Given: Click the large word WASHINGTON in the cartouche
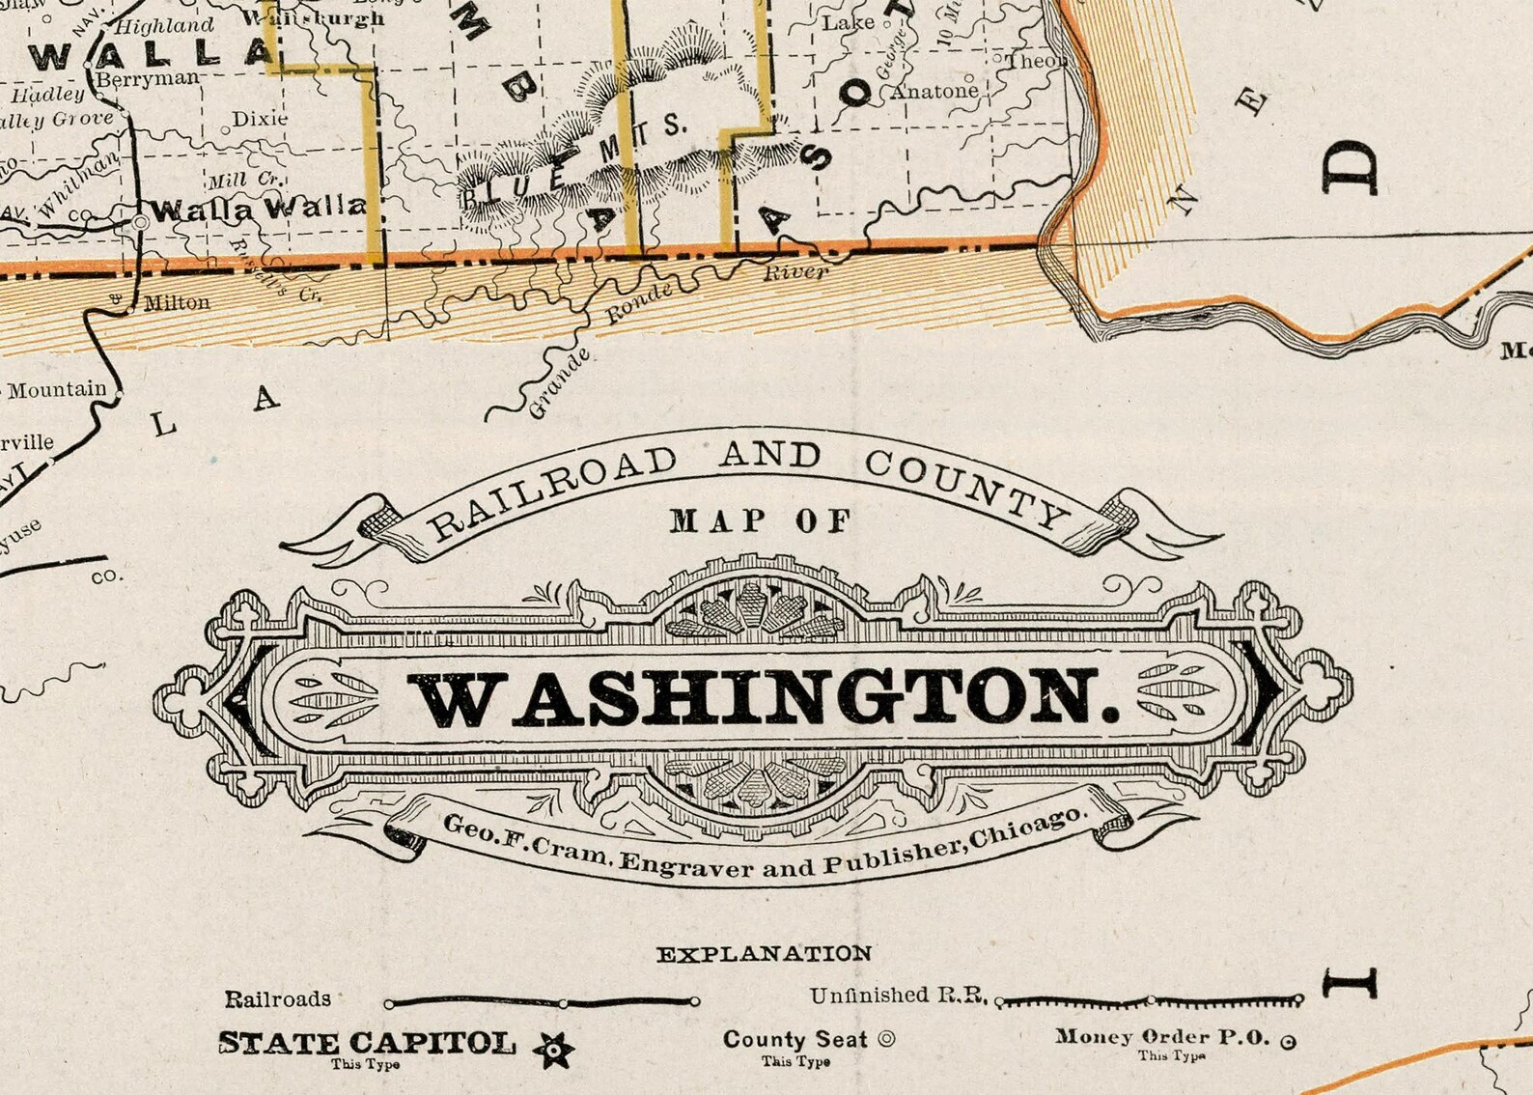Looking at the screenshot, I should [x=767, y=699].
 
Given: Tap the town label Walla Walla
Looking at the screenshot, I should [x=259, y=208].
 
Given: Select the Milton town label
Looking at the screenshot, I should [x=176, y=302].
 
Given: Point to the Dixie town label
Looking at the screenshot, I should [x=261, y=119].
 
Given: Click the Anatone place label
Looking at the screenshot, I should [x=934, y=92].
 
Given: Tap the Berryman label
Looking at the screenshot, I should [x=148, y=78].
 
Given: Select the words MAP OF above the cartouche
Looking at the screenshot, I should [x=762, y=521].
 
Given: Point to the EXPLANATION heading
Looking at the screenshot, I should [x=764, y=954].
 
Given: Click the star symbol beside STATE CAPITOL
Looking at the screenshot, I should [x=554, y=1050].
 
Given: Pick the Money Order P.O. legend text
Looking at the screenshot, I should [x=1162, y=1037].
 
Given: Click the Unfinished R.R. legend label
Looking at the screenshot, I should [x=898, y=995].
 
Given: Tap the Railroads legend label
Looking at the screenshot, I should [x=278, y=998].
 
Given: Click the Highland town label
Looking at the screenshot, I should [x=165, y=26].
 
